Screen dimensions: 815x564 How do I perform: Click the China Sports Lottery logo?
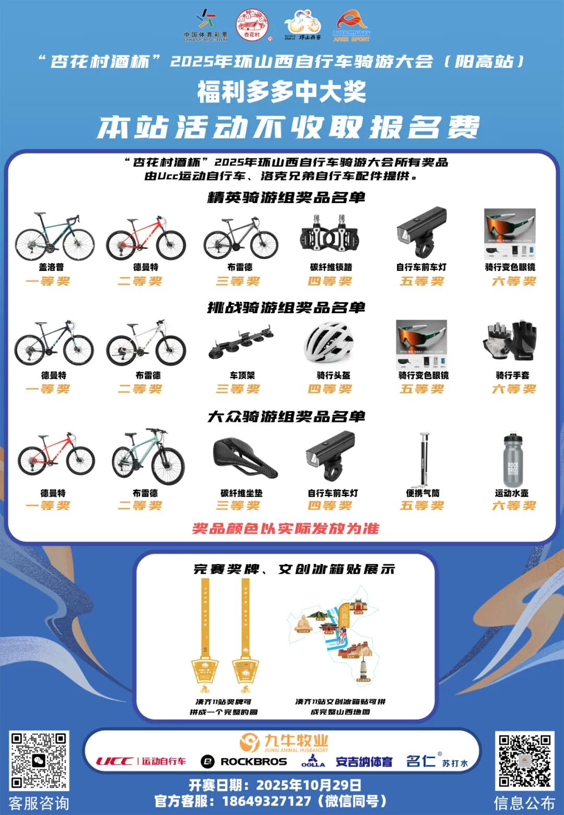[206, 25]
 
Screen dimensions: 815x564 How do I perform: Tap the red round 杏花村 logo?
[252, 25]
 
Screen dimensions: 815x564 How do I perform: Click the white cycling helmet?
[330, 342]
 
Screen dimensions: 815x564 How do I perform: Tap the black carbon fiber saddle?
[244, 458]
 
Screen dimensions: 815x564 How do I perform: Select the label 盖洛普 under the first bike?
[51, 267]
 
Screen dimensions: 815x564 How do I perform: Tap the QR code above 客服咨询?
[39, 761]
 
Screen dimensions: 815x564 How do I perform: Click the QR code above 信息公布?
[524, 761]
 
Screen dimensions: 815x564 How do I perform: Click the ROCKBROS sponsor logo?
[244, 762]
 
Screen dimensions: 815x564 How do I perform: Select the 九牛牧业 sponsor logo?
[285, 742]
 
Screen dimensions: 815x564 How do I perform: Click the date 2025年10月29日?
[308, 785]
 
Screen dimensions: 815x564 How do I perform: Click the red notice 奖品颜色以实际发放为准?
[285, 528]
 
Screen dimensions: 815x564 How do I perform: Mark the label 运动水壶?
[511, 493]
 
